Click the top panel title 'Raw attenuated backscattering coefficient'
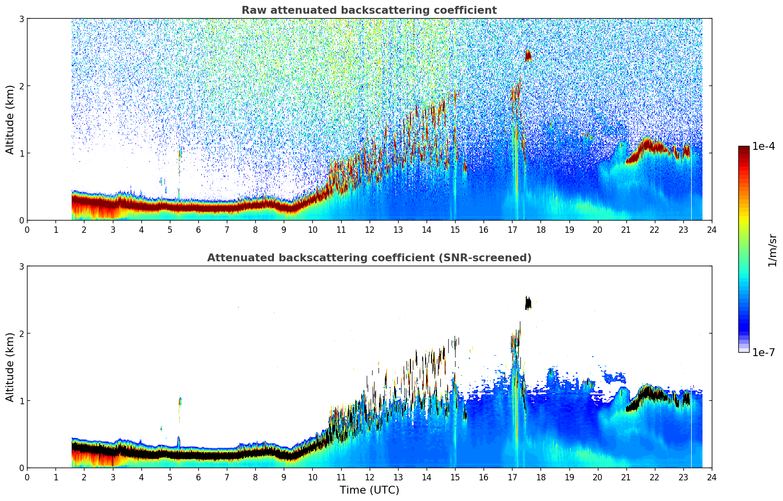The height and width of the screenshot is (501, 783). [369, 10]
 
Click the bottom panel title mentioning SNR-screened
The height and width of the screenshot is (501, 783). [369, 258]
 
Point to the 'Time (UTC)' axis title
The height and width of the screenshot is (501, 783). [369, 490]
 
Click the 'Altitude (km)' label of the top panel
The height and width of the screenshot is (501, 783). [10, 119]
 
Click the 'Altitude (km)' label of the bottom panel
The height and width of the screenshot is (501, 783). [10, 367]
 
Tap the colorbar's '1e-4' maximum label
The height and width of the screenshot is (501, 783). [763, 146]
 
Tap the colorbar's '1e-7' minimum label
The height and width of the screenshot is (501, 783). [763, 352]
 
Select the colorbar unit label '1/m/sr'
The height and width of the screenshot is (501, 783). [772, 250]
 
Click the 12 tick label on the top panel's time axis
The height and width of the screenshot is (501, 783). [369, 229]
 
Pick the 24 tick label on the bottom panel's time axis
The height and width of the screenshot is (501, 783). [711, 477]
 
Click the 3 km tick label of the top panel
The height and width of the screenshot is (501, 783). [21, 19]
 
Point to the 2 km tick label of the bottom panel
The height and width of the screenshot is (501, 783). [21, 334]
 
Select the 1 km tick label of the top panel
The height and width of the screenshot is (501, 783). [21, 153]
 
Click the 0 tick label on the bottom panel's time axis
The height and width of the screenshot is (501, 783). [27, 477]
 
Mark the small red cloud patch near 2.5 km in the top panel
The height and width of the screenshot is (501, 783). [528, 56]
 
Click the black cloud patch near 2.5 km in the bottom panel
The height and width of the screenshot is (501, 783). [528, 303]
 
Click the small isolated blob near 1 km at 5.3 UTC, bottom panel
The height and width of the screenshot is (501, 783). [180, 401]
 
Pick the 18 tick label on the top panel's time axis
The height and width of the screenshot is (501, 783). [540, 229]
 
